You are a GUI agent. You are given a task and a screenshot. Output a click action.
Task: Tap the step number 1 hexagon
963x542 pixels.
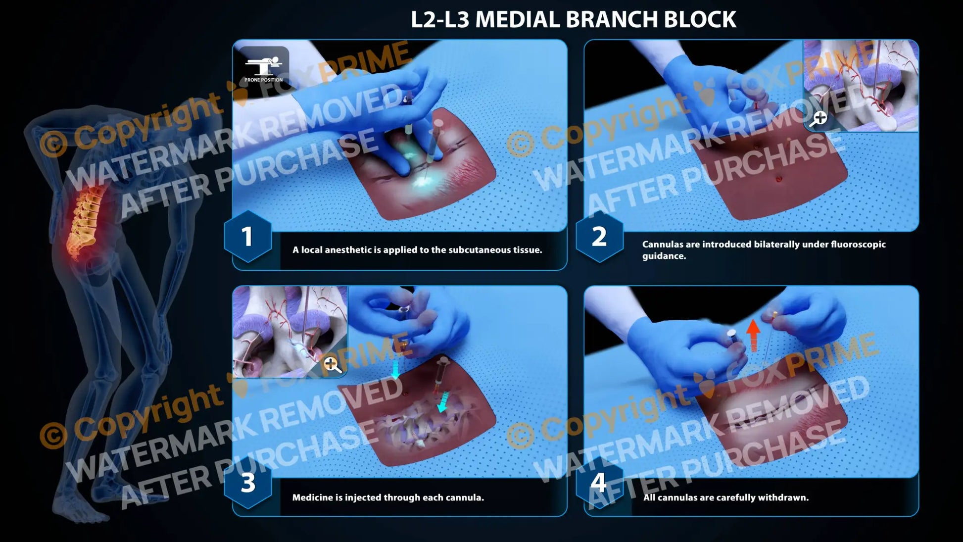247,236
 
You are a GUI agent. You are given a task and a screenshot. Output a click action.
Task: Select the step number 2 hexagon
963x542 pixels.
599,236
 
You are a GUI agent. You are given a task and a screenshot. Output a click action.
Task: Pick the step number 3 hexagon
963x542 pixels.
247,483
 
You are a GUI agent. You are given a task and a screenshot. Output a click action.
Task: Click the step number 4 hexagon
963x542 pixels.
599,483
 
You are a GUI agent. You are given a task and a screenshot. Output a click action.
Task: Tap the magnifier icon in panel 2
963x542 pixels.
819,119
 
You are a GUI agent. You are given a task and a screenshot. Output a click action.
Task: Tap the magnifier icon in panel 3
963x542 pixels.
332,365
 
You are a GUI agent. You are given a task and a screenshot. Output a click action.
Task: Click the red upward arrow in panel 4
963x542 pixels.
753,335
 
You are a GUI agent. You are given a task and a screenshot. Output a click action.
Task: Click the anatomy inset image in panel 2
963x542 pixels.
861,84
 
